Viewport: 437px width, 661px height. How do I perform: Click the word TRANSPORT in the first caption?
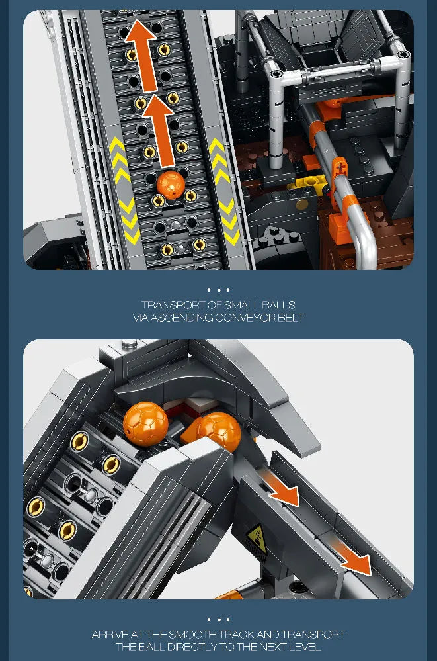click(x=171, y=305)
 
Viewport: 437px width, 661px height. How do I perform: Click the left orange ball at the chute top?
click(x=145, y=421)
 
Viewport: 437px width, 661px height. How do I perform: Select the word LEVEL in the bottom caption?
click(x=306, y=647)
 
